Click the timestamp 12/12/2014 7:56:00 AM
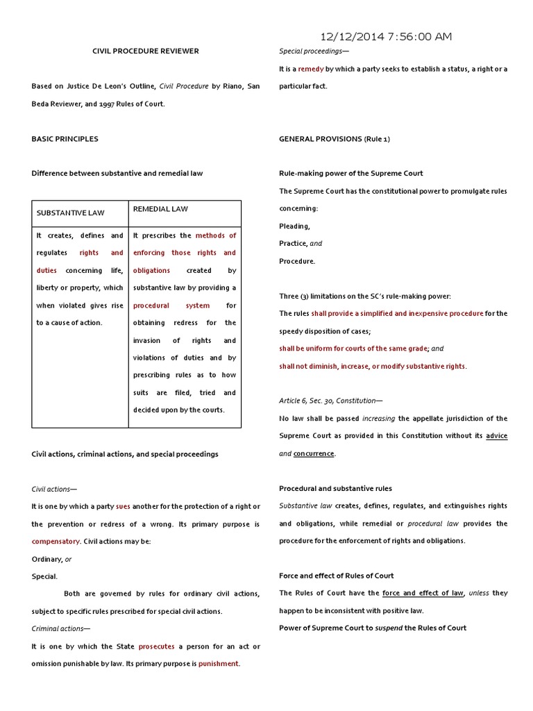point(387,37)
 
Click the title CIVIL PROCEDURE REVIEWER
point(146,51)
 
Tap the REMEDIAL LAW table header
point(160,208)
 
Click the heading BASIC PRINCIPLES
point(65,139)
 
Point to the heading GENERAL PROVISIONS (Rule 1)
point(335,139)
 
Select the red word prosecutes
point(156,646)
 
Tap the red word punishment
point(219,663)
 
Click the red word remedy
point(311,69)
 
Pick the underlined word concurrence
point(314,453)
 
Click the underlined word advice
point(496,436)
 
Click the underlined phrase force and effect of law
point(423,593)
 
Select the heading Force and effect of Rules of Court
point(337,576)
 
